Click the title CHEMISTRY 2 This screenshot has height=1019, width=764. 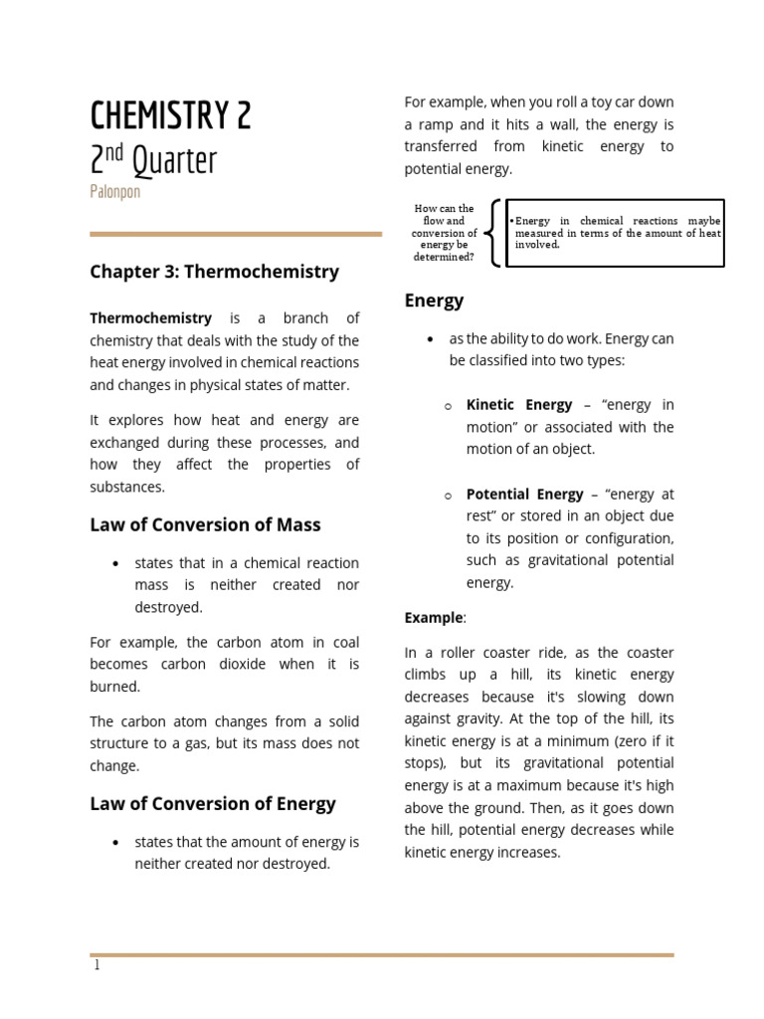pyautogui.click(x=170, y=116)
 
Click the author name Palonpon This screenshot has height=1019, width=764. pyautogui.click(x=114, y=192)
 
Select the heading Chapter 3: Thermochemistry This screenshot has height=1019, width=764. pyautogui.click(x=214, y=272)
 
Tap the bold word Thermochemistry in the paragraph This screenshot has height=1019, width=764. pyautogui.click(x=150, y=318)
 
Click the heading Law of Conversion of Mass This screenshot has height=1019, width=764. pyautogui.click(x=205, y=524)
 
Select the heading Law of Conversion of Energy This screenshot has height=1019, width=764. pyautogui.click(x=213, y=803)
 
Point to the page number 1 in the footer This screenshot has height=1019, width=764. pyautogui.click(x=96, y=965)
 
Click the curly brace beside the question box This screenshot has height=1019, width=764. pyautogui.click(x=493, y=234)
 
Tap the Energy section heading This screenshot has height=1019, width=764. pyautogui.click(x=434, y=301)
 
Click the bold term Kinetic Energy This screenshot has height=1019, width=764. pyautogui.click(x=519, y=405)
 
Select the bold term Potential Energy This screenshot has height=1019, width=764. pyautogui.click(x=525, y=495)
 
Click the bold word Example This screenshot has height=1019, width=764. pyautogui.click(x=433, y=618)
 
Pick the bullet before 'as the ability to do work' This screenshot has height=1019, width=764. pyautogui.click(x=430, y=339)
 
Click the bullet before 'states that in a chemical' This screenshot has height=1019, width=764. pyautogui.click(x=115, y=563)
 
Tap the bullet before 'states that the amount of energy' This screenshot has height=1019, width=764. pyautogui.click(x=115, y=843)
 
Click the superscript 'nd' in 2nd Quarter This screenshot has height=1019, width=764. pyautogui.click(x=115, y=152)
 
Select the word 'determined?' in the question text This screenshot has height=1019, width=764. pyautogui.click(x=444, y=257)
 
